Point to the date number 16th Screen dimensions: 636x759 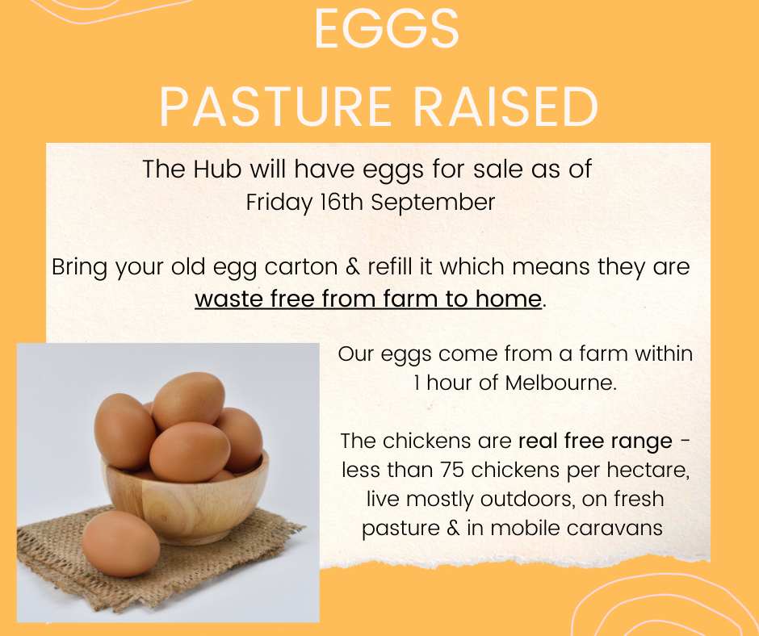341,202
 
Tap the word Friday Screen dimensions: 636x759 278,202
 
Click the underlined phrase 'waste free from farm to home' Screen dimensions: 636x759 367,299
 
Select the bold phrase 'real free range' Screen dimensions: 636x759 595,441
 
